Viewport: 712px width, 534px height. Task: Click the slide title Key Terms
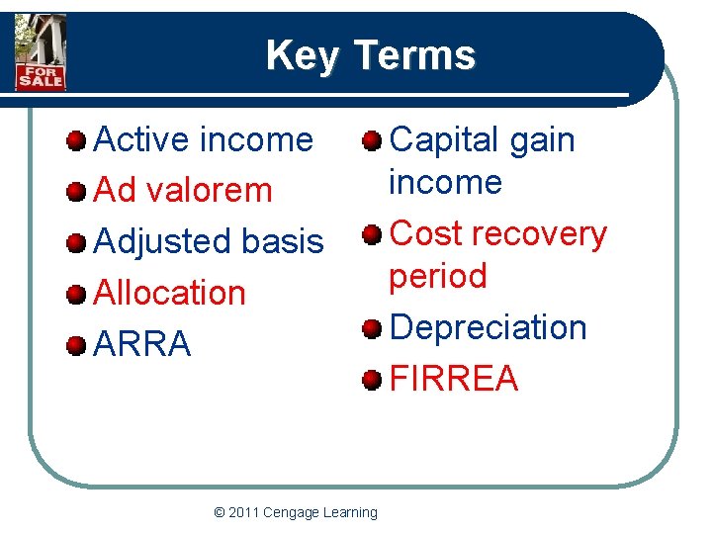370,55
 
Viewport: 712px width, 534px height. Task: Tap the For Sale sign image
41,53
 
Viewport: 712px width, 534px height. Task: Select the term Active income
203,140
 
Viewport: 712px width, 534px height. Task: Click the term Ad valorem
182,190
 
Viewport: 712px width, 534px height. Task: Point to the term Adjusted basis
208,241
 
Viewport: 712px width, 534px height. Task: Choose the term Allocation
169,293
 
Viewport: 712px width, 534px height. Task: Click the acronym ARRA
141,344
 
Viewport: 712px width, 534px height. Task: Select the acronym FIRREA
455,378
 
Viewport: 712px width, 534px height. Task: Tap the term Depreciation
489,327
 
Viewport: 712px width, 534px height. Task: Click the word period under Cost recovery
438,276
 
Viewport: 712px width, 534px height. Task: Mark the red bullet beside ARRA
76,346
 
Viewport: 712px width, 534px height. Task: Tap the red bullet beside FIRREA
372,380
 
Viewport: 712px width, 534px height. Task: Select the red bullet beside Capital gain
372,141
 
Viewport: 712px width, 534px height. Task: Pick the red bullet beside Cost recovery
372,235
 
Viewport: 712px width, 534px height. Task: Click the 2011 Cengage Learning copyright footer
296,512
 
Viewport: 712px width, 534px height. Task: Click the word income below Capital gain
445,182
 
